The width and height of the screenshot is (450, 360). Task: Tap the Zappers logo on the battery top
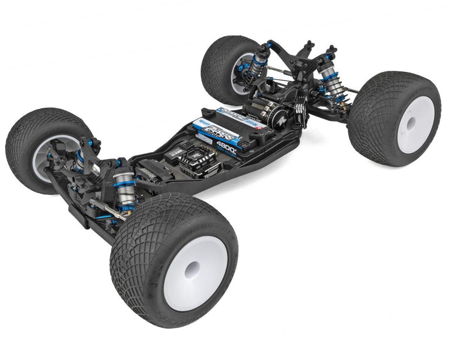[x=215, y=130]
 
